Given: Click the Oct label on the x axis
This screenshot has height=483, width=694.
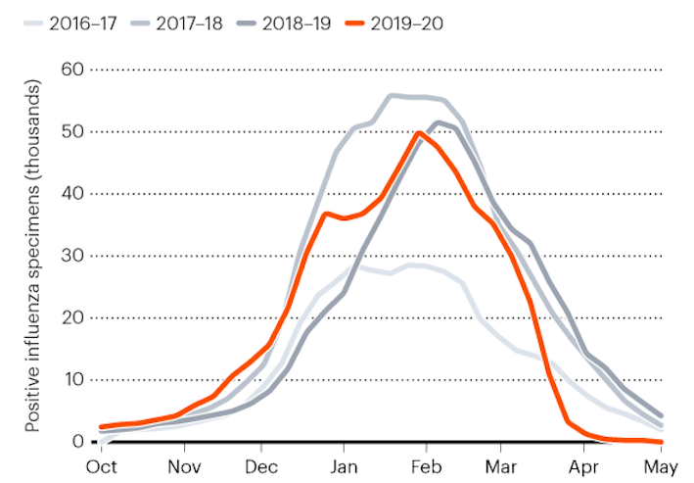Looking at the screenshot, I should tap(102, 466).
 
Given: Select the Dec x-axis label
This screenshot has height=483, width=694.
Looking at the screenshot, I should tap(262, 466).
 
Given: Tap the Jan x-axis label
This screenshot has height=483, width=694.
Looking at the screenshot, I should tap(344, 466).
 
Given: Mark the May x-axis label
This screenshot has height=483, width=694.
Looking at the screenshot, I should tap(663, 466).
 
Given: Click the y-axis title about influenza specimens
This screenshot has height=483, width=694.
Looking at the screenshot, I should tap(32, 255).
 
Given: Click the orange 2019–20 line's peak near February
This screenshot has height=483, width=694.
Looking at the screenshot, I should tap(420, 132).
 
